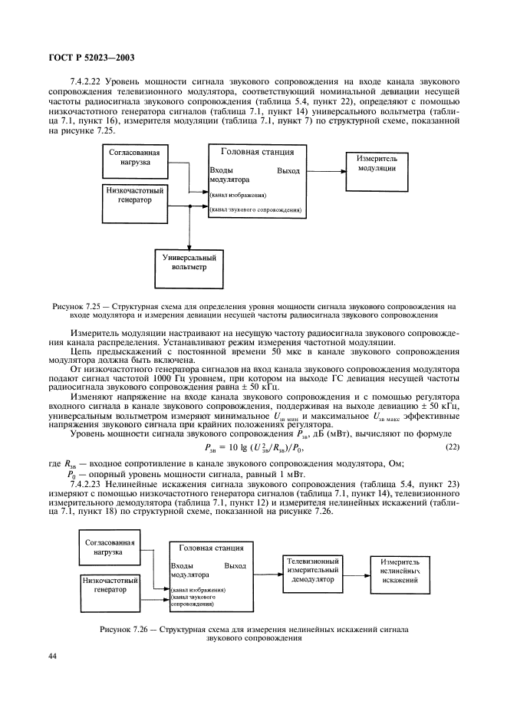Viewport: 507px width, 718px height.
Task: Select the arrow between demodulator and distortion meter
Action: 357,571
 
